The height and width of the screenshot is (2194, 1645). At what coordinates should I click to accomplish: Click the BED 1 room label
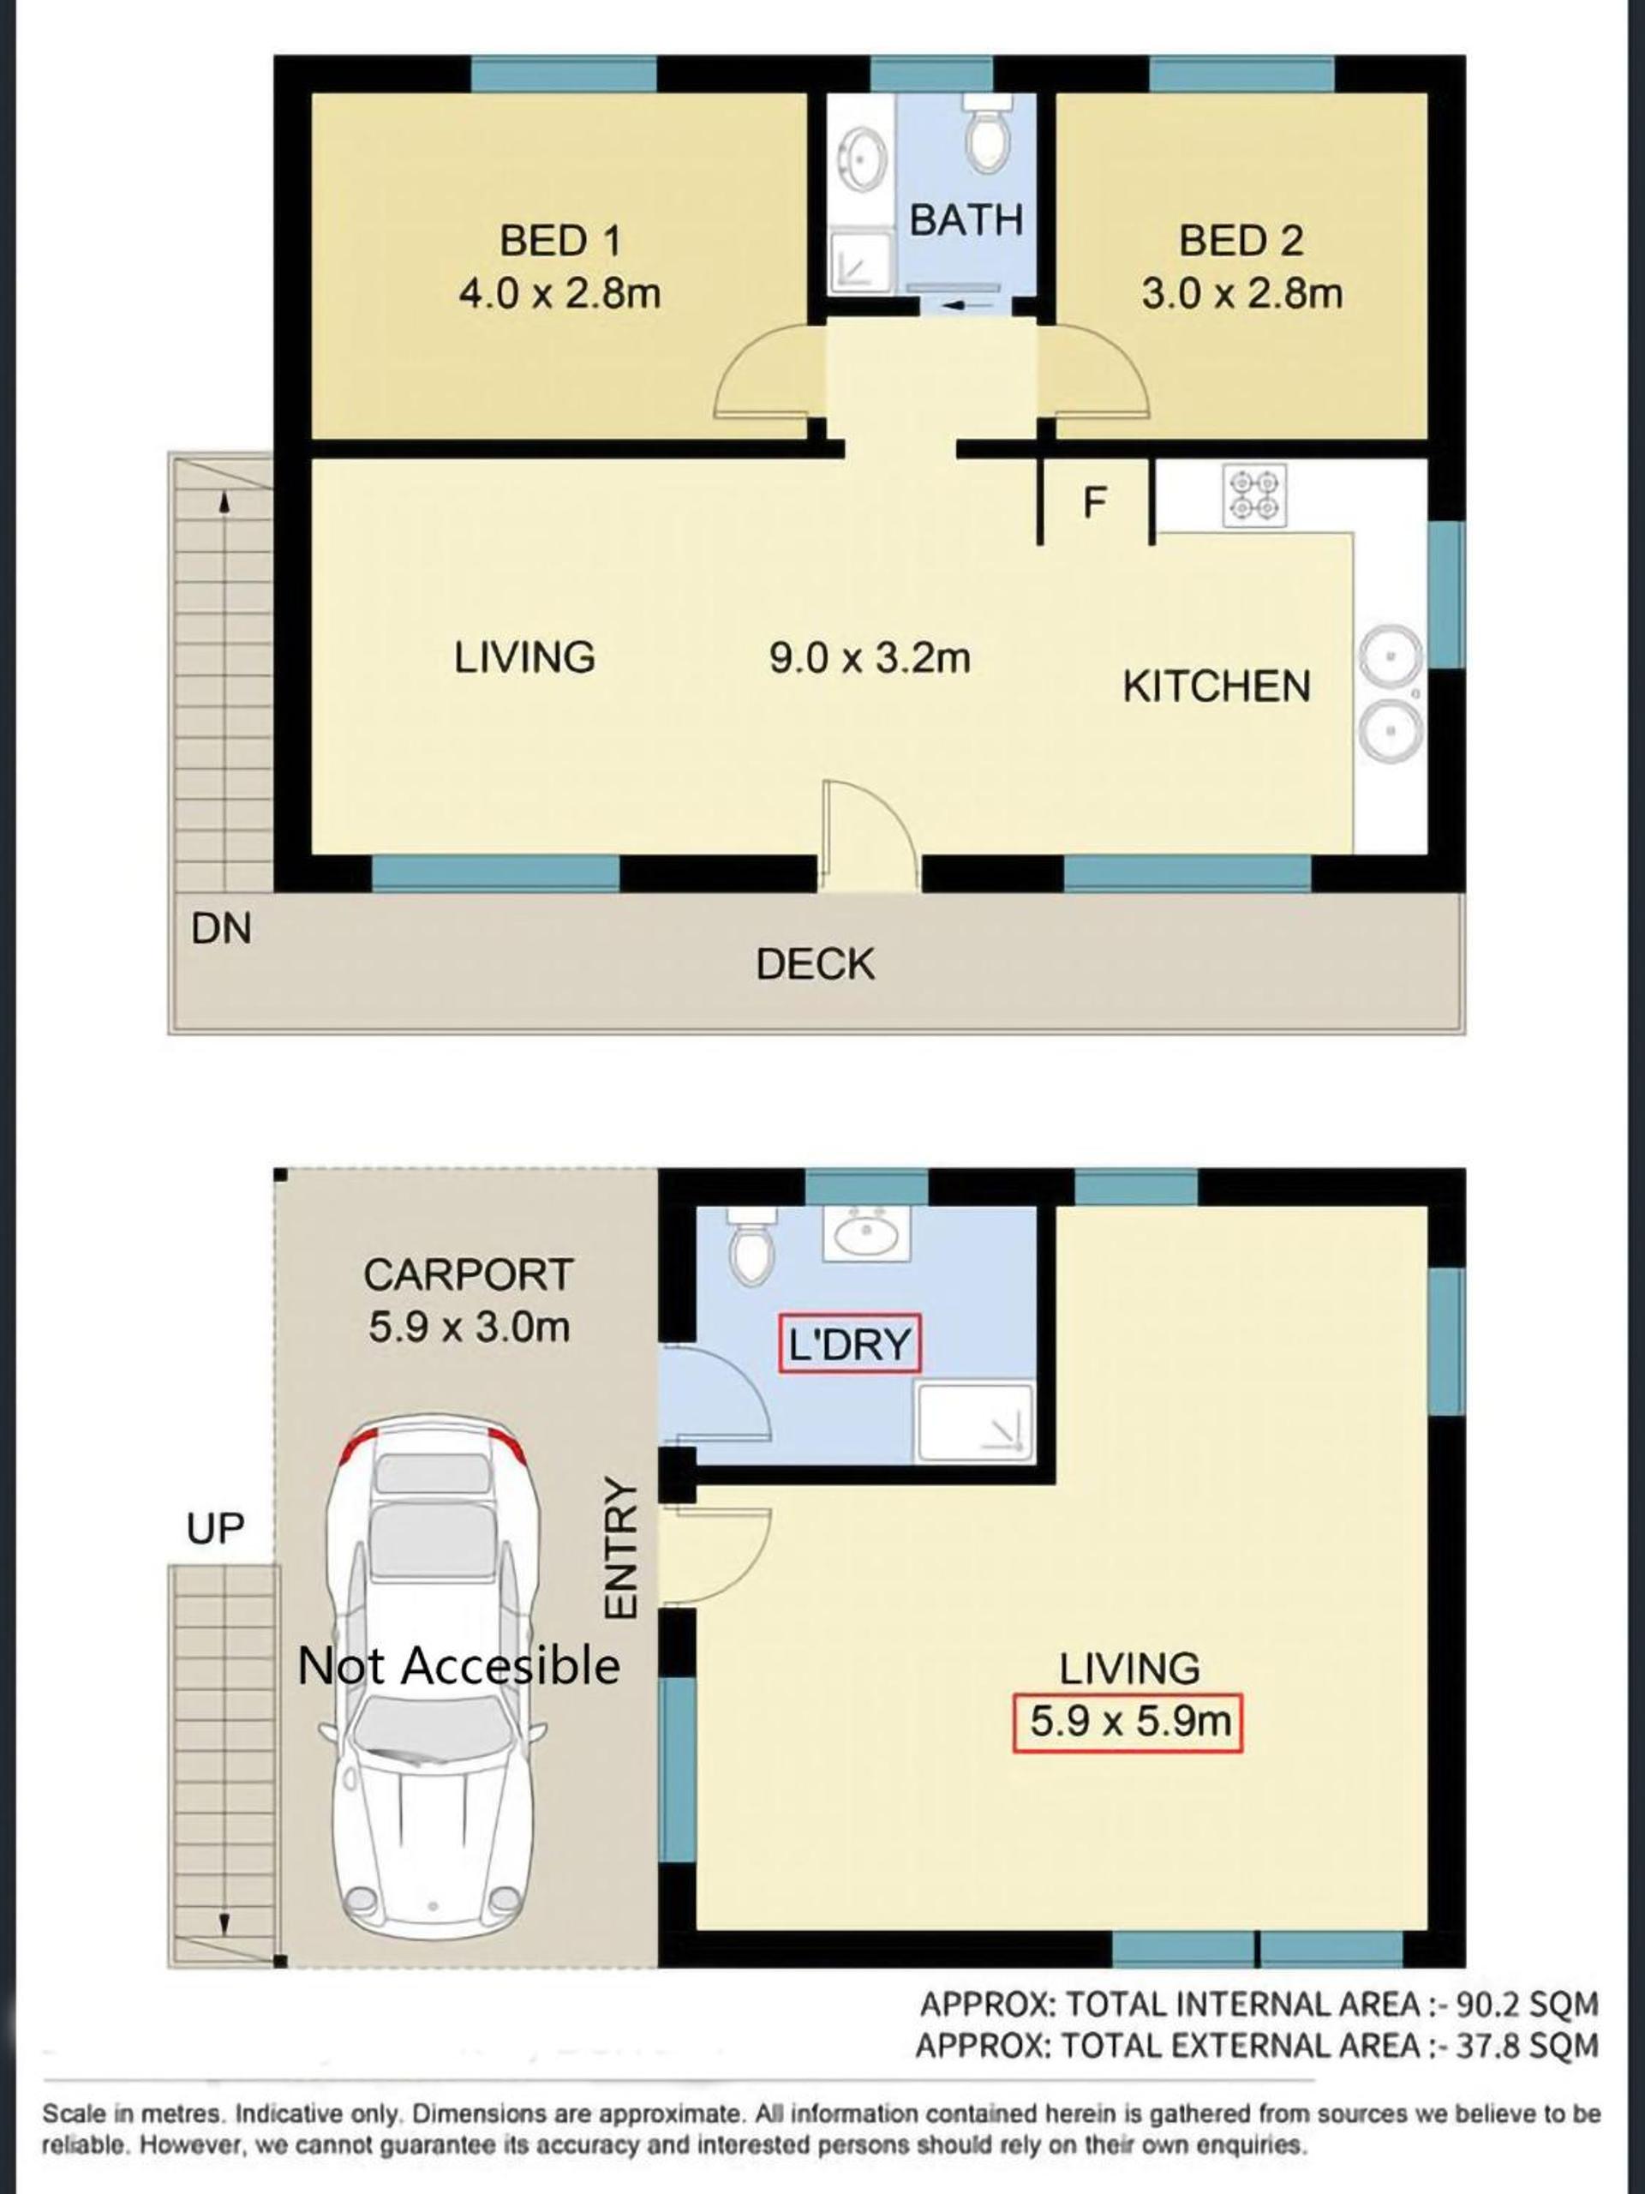(x=560, y=241)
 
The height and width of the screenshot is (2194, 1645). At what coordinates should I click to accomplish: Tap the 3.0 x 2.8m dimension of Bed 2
(x=1241, y=295)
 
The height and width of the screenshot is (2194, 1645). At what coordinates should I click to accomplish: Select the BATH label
(x=966, y=220)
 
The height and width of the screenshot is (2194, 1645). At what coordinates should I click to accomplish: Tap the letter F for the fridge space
(x=1094, y=503)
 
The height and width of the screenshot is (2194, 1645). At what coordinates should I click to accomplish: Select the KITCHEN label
(x=1217, y=686)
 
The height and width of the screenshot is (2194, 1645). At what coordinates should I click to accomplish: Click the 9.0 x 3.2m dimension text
(x=870, y=658)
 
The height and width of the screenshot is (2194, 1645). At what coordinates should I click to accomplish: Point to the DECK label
(x=815, y=964)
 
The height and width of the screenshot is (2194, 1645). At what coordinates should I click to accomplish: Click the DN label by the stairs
(x=221, y=929)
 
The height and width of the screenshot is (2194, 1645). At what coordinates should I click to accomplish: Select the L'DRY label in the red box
(x=850, y=1344)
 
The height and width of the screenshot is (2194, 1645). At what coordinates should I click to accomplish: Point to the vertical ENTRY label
(x=619, y=1550)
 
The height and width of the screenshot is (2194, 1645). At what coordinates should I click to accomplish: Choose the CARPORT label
(x=469, y=1275)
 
